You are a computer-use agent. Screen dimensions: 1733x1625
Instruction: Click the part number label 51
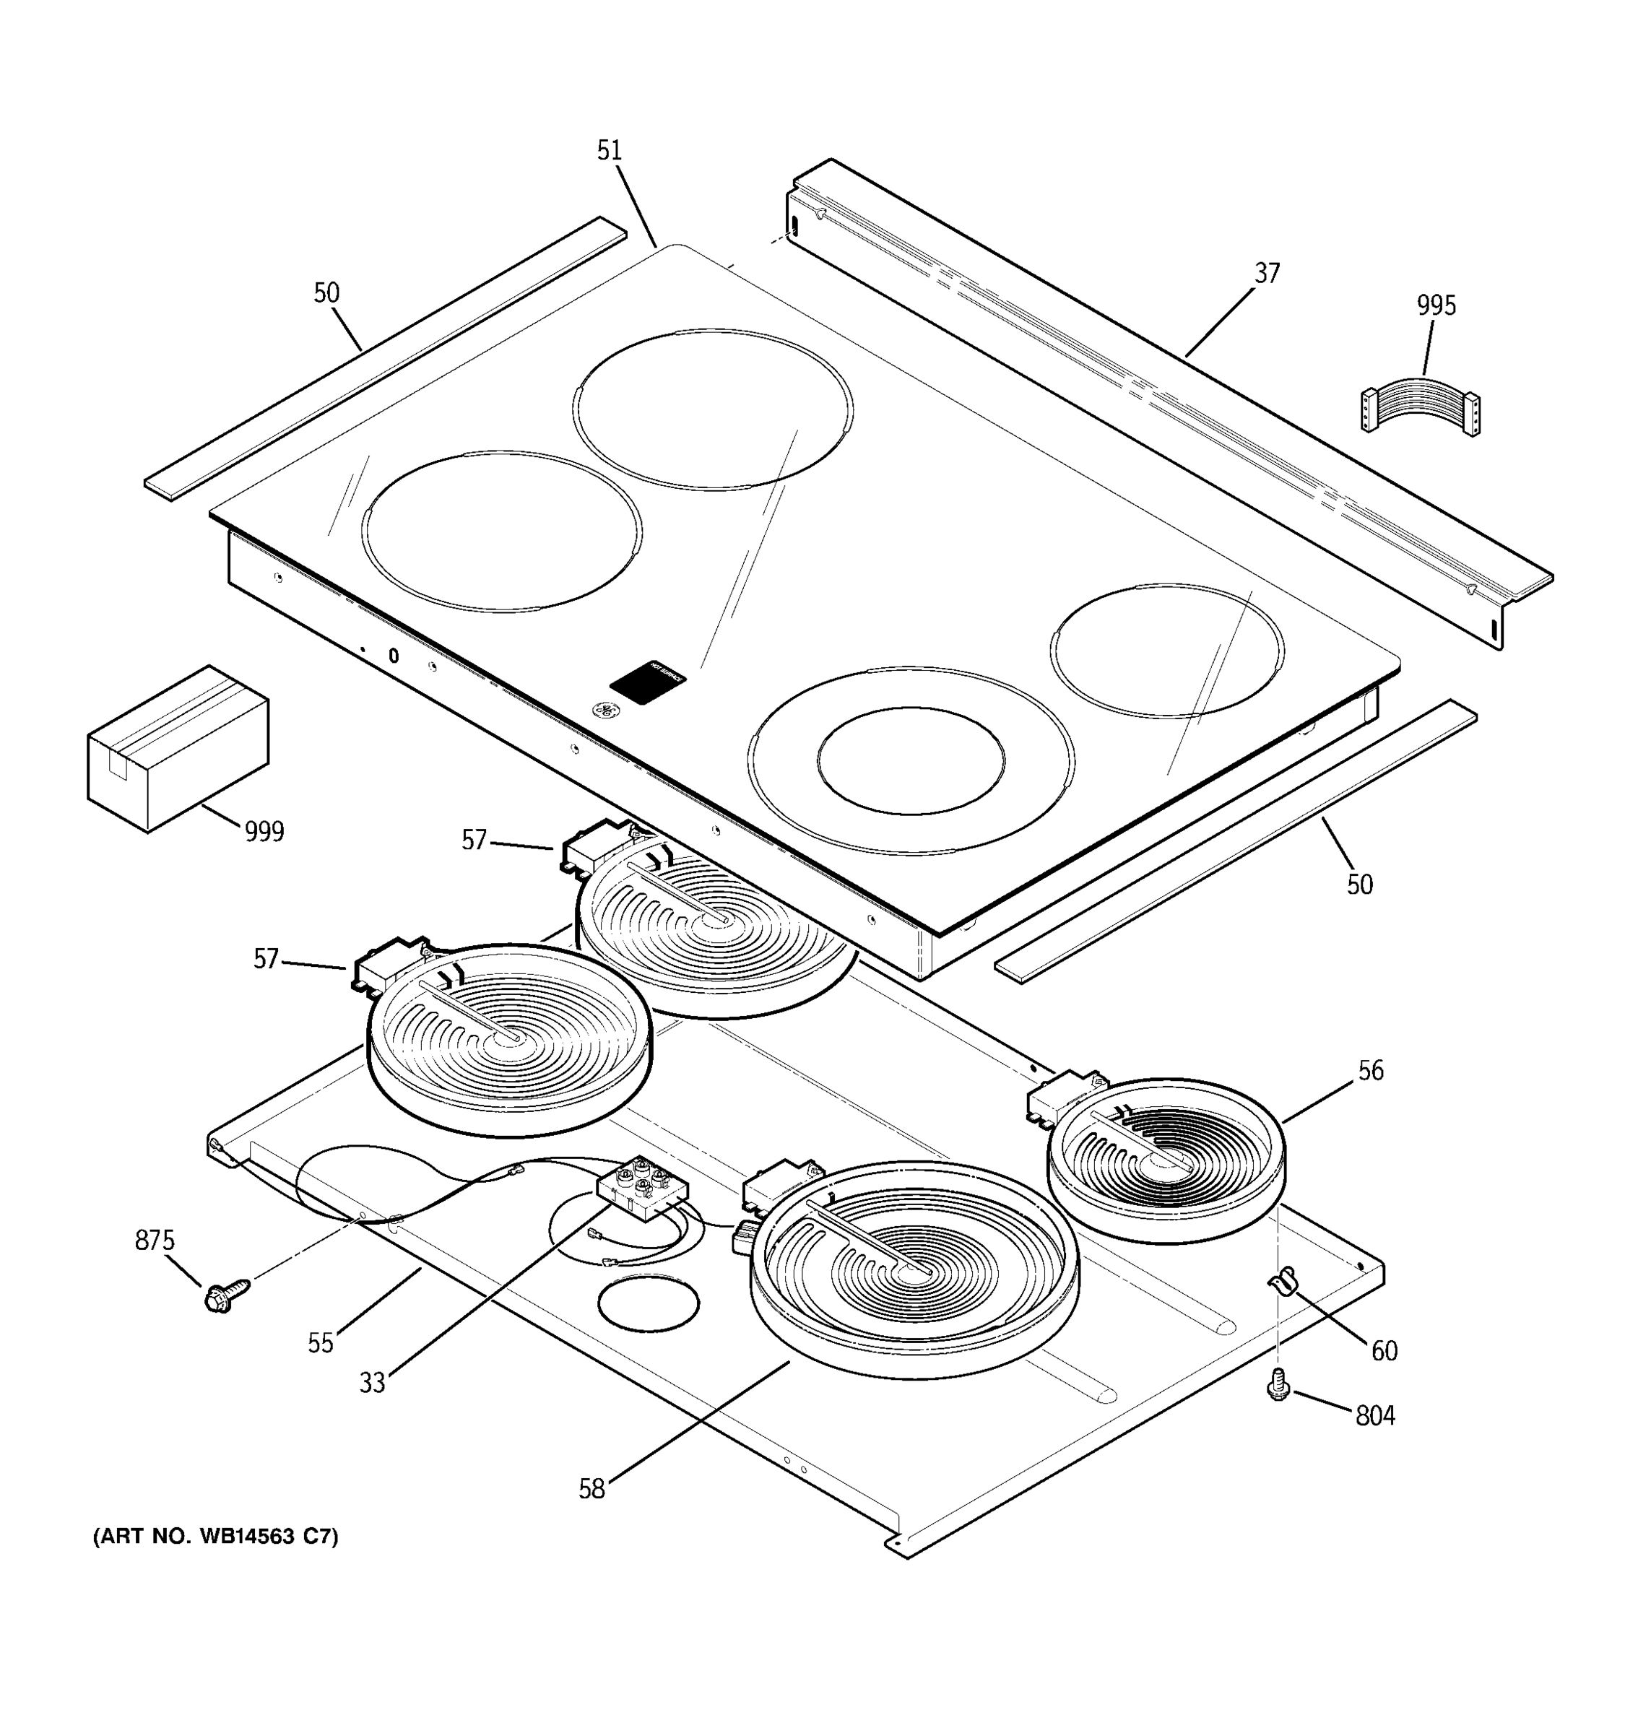[610, 151]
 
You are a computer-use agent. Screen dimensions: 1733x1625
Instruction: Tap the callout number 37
[1267, 274]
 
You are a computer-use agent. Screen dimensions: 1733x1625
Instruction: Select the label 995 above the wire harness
[1436, 306]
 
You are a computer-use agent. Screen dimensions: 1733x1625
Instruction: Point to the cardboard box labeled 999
[178, 748]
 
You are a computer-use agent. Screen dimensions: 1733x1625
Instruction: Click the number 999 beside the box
[264, 833]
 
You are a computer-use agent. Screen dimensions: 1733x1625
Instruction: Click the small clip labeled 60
[1280, 1282]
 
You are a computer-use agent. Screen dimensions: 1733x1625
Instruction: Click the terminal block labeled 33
[643, 1189]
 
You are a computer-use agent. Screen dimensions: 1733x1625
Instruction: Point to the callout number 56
[1371, 1070]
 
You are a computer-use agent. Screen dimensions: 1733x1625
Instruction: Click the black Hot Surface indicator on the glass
[647, 682]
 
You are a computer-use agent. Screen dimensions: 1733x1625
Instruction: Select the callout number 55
[320, 1343]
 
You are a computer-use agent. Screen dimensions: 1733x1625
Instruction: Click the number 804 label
[1375, 1417]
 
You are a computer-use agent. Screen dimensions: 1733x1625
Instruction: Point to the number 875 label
[155, 1241]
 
